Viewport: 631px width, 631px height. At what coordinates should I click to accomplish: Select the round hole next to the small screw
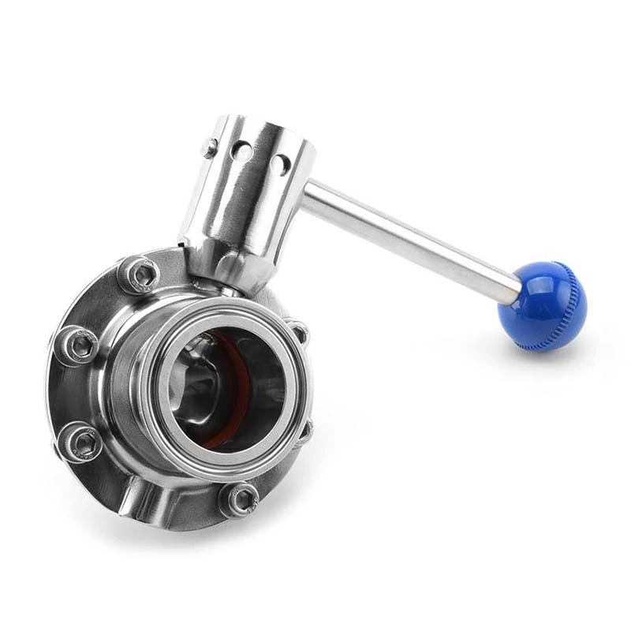pyautogui.click(x=245, y=150)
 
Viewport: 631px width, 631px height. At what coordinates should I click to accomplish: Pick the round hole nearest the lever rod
pyautogui.click(x=279, y=164)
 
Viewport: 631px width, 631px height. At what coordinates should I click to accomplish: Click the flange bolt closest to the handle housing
pyautogui.click(x=141, y=273)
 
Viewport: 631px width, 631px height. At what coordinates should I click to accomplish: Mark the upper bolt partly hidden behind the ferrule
pyautogui.click(x=298, y=330)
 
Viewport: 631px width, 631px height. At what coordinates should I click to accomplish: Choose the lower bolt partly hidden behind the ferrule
pyautogui.click(x=304, y=430)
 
